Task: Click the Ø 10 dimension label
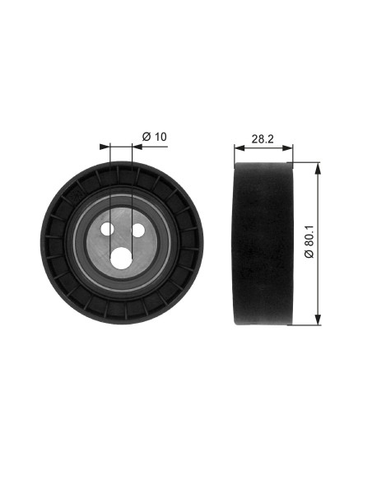pyautogui.click(x=155, y=135)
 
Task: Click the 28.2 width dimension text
pyautogui.click(x=263, y=139)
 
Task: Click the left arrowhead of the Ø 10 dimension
pyautogui.click(x=105, y=147)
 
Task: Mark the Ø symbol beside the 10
pyautogui.click(x=146, y=135)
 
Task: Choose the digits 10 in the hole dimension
pyautogui.click(x=160, y=135)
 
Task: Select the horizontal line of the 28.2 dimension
pyautogui.click(x=263, y=149)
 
